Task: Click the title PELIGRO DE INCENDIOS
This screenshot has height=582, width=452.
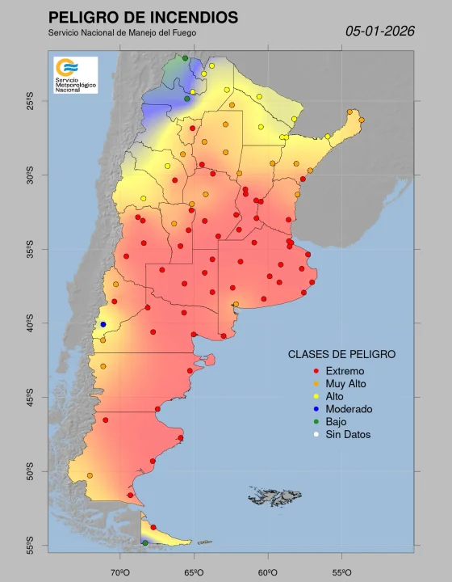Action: [143, 17]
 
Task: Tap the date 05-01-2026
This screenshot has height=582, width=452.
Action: [379, 31]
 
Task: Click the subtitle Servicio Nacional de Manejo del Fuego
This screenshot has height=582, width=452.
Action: [122, 32]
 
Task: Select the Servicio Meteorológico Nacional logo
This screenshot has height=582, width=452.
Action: [75, 74]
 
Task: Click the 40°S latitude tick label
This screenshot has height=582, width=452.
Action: [30, 324]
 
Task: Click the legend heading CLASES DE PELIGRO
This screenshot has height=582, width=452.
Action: [341, 354]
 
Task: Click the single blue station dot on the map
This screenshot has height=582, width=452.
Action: [103, 324]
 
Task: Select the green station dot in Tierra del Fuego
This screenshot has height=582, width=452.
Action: [145, 543]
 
